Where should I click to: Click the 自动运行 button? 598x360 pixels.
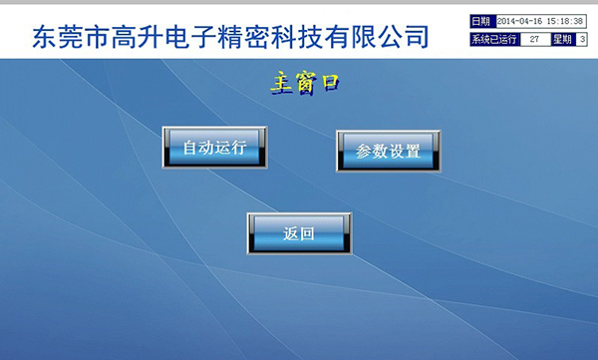click(x=214, y=149)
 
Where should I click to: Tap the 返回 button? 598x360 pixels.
click(x=299, y=234)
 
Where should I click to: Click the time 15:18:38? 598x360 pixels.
click(x=565, y=21)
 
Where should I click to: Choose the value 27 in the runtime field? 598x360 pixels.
click(x=535, y=39)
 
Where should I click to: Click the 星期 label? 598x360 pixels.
click(x=562, y=39)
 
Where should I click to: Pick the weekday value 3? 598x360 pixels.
click(x=582, y=39)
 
